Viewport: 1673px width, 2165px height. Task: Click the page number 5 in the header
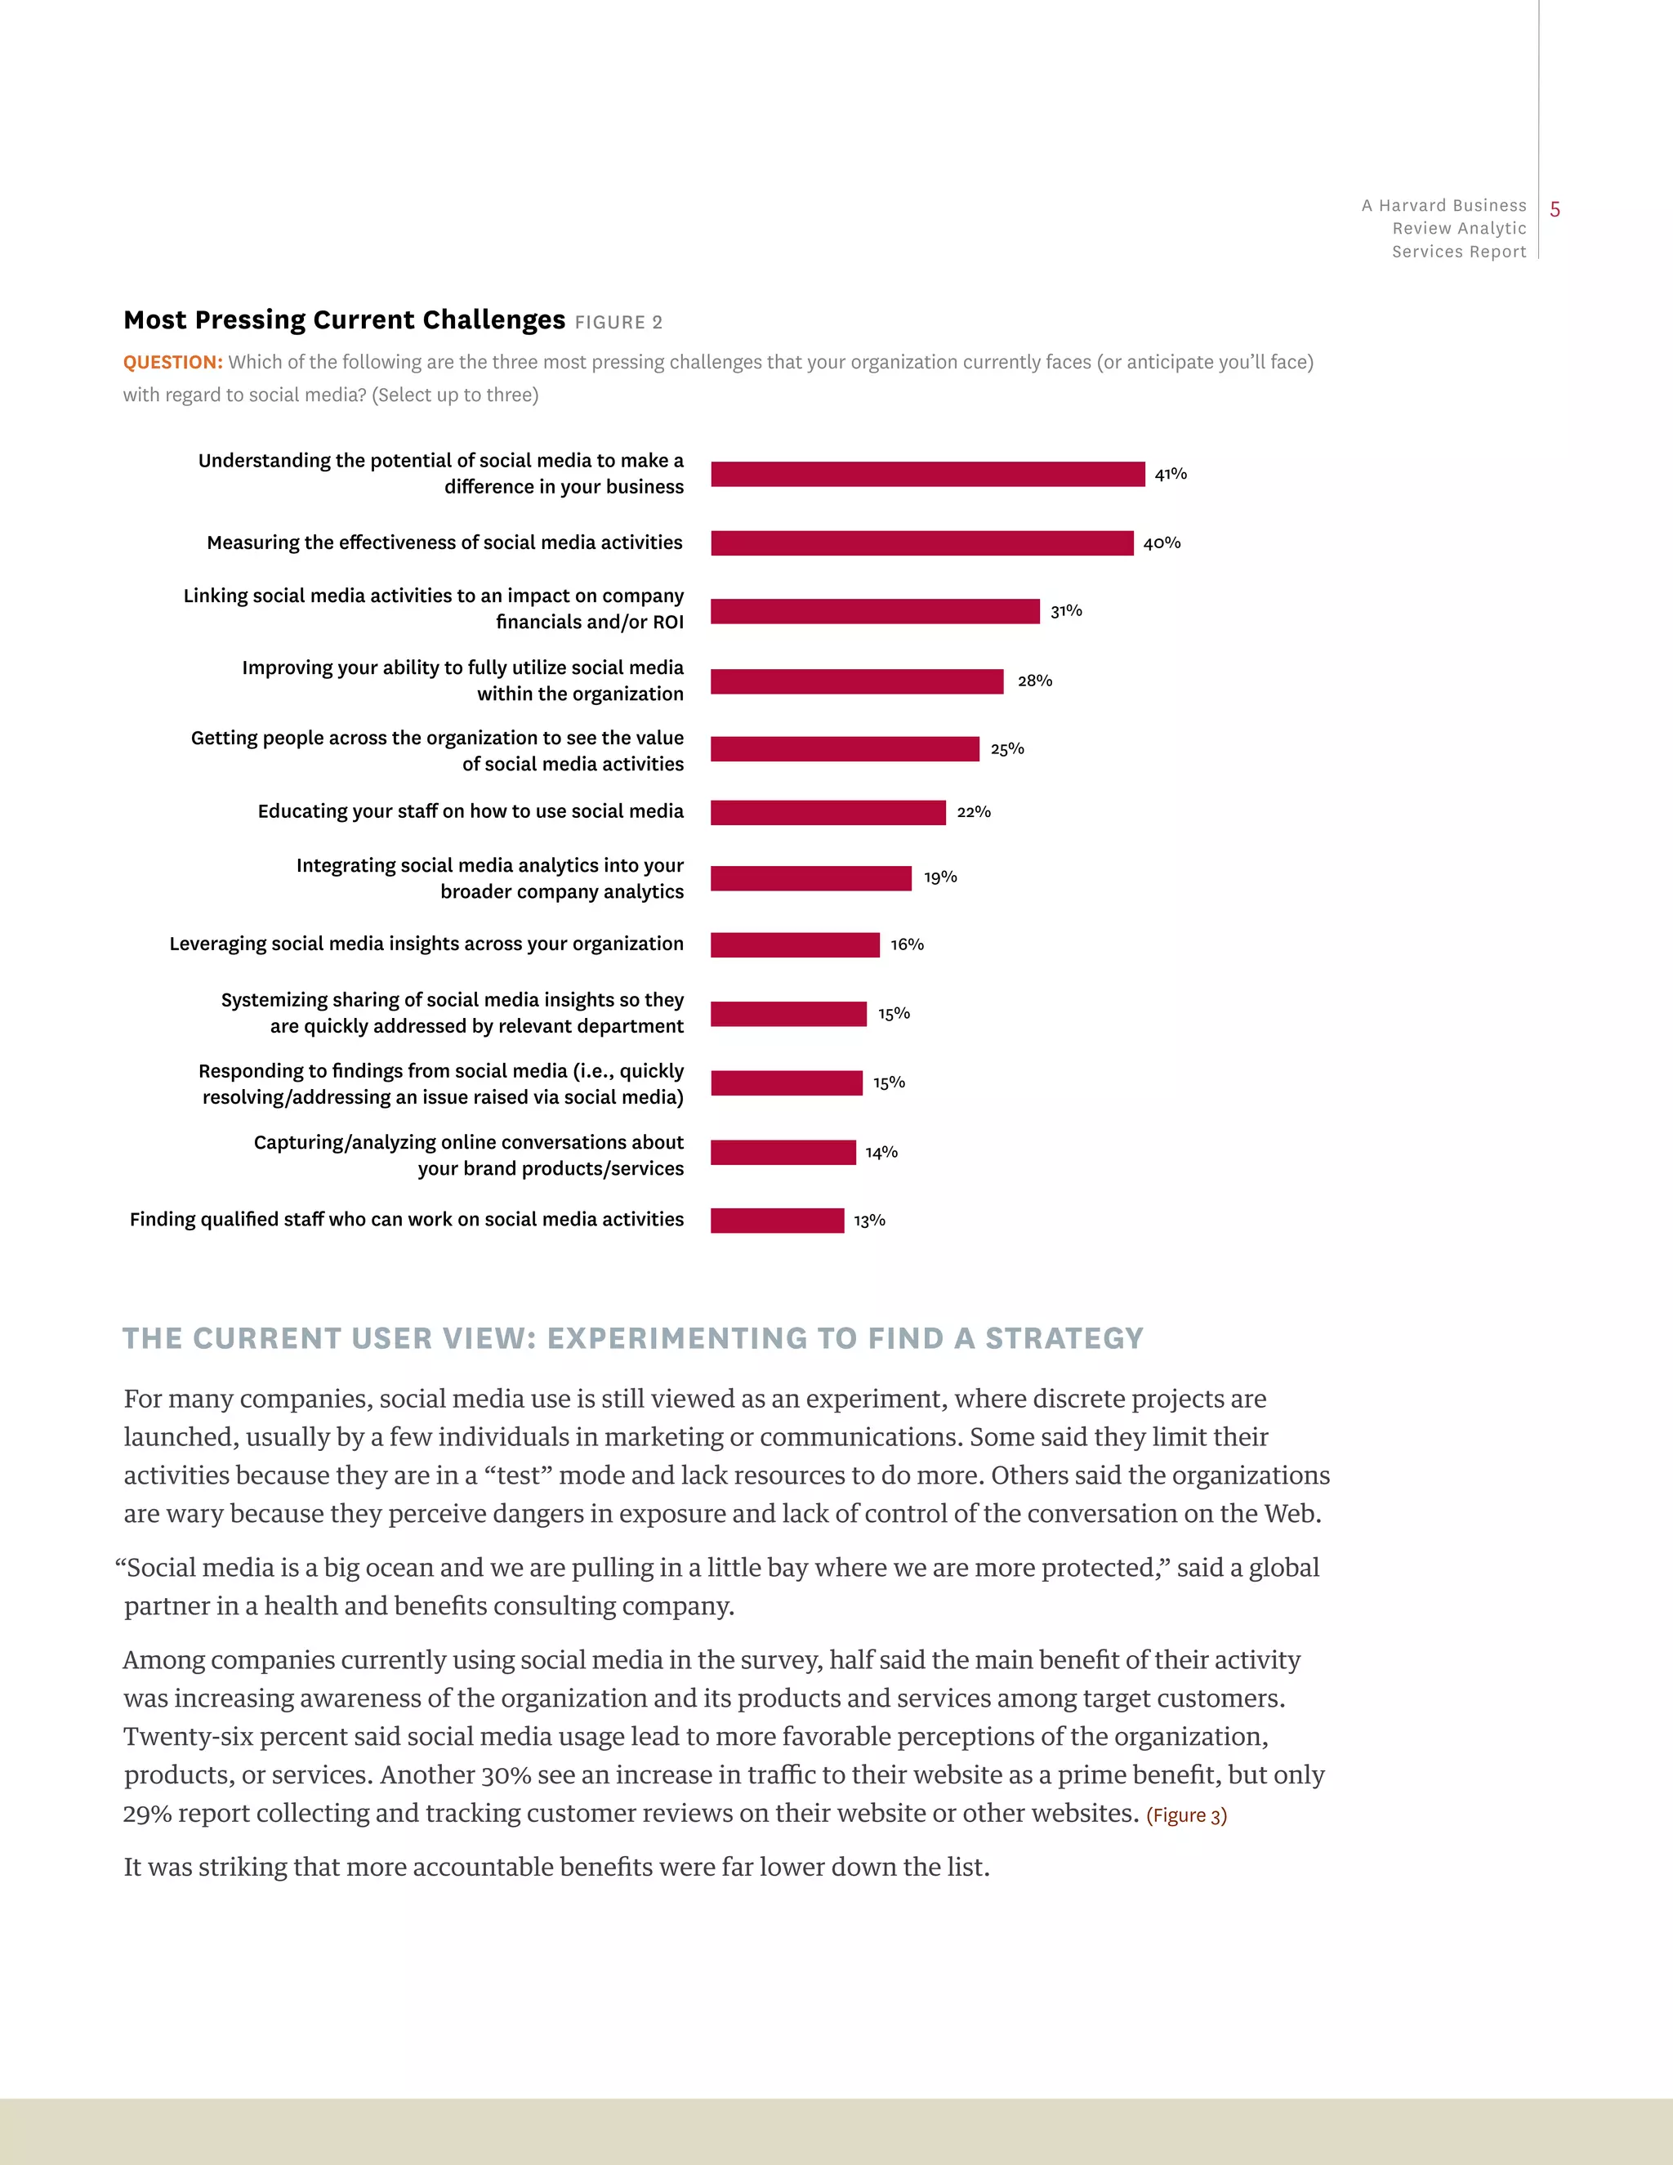pyautogui.click(x=1555, y=209)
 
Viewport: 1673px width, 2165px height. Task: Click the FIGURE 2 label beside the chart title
pyautogui.click(x=618, y=322)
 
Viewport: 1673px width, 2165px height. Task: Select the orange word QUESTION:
pyautogui.click(x=172, y=363)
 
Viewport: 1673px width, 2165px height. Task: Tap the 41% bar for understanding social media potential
pyautogui.click(x=928, y=474)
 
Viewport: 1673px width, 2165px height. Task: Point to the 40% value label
pyautogui.click(x=1162, y=543)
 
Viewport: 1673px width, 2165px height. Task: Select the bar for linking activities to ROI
pyautogui.click(x=875, y=612)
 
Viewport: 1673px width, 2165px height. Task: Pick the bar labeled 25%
pyautogui.click(x=845, y=748)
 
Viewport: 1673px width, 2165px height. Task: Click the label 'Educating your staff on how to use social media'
pyautogui.click(x=470, y=811)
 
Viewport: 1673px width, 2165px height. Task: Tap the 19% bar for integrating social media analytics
pyautogui.click(x=810, y=878)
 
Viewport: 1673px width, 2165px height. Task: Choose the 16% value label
pyautogui.click(x=907, y=944)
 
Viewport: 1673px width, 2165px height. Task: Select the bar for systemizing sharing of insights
pyautogui.click(x=788, y=1014)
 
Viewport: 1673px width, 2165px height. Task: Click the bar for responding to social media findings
pyautogui.click(x=786, y=1082)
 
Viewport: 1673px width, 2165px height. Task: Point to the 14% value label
pyautogui.click(x=881, y=1152)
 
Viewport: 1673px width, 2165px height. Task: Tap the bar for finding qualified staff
pyautogui.click(x=777, y=1221)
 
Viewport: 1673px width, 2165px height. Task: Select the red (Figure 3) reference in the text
pyautogui.click(x=1186, y=1815)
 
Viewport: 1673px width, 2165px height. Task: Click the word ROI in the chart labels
pyautogui.click(x=668, y=623)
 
